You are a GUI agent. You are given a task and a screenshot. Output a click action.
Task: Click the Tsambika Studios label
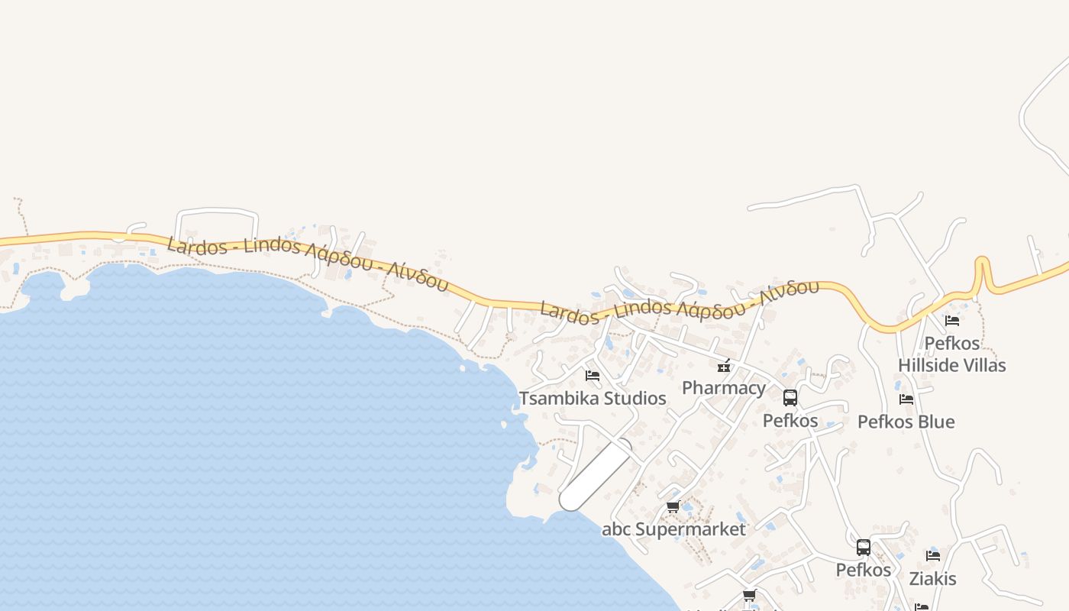(593, 399)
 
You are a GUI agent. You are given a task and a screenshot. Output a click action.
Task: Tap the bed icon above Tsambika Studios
(592, 375)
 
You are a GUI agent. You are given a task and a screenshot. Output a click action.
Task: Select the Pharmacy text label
(723, 388)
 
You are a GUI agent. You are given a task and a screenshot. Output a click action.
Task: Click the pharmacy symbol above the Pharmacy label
(724, 366)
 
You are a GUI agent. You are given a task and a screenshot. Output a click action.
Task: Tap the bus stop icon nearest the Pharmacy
(790, 398)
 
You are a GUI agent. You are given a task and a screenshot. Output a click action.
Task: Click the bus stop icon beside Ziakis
(864, 548)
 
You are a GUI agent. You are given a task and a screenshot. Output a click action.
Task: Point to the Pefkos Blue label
(906, 422)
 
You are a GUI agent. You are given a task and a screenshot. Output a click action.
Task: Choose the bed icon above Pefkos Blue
(906, 399)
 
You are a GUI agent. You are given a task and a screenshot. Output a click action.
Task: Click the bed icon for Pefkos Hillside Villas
(951, 320)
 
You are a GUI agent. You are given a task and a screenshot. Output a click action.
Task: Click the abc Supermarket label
(673, 529)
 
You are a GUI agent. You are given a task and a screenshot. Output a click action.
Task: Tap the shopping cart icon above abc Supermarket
(673, 506)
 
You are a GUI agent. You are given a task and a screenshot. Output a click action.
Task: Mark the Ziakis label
(932, 579)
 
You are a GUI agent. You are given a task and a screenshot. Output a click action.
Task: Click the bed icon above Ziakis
(932, 556)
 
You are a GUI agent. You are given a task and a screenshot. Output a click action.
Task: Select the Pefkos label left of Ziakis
(863, 570)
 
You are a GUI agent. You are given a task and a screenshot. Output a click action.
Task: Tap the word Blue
(937, 422)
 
